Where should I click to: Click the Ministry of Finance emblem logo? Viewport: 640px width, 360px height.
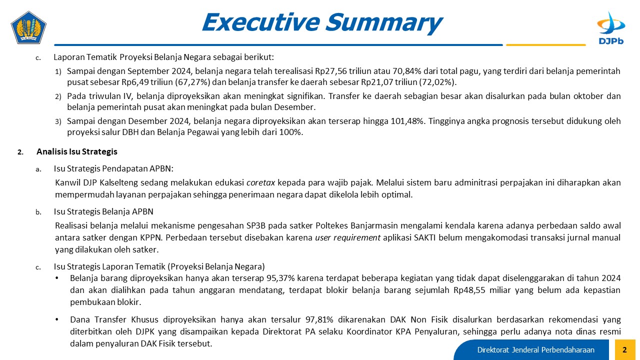pyautogui.click(x=28, y=27)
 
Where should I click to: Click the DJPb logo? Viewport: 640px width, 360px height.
pyautogui.click(x=611, y=28)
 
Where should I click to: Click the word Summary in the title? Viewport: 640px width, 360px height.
pyautogui.click(x=384, y=22)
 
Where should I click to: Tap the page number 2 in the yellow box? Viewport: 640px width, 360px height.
pyautogui.click(x=624, y=349)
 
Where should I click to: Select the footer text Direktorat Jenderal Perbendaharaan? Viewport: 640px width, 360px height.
pyautogui.click(x=535, y=349)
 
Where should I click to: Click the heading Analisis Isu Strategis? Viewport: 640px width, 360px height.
pyautogui.click(x=77, y=151)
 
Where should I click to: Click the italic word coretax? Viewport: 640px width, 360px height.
pyautogui.click(x=260, y=182)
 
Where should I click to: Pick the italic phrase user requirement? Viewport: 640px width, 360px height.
pyautogui.click(x=347, y=237)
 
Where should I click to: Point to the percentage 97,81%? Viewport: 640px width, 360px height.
pyautogui.click(x=319, y=319)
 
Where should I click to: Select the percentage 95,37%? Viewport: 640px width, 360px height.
pyautogui.click(x=280, y=278)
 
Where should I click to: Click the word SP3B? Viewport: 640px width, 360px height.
pyautogui.click(x=256, y=225)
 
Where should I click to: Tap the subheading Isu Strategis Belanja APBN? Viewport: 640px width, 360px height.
pyautogui.click(x=103, y=211)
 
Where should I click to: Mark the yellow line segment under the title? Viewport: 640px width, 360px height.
pyautogui.click(x=545, y=45)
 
